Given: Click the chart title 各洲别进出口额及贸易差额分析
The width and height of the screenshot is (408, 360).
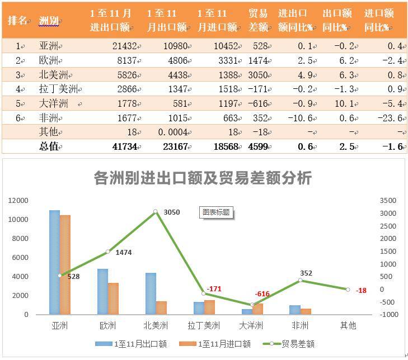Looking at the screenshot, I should pos(203,178).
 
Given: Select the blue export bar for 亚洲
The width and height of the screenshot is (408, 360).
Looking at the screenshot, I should pos(54,263).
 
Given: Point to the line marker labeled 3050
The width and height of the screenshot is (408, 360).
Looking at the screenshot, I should pos(156,212).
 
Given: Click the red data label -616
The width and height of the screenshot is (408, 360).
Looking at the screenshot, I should pos(262,294).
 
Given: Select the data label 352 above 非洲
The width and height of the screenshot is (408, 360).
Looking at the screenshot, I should pos(306,273).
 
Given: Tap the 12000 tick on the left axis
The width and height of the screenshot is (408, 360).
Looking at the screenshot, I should pos(18,201).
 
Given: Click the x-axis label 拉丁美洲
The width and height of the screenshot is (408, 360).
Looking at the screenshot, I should pos(204,325).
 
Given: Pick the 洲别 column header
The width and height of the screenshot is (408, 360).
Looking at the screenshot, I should pos(49,21).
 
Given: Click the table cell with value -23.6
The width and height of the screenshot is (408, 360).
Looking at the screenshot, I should pos(392,118).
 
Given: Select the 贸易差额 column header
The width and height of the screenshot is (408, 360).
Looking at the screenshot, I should pos(257,21).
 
